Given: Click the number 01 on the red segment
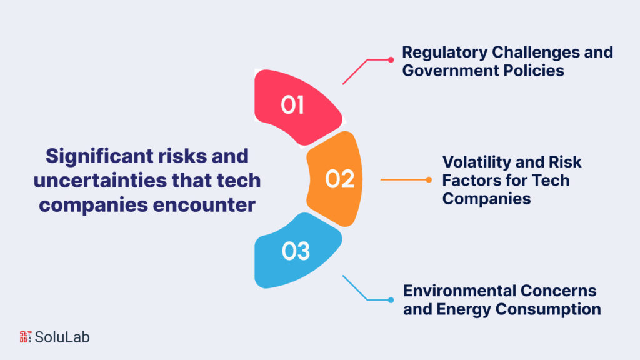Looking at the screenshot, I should [292, 105].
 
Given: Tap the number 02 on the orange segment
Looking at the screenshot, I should [340, 179].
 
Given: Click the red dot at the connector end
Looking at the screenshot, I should [391, 60].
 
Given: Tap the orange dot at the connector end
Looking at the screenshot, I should [429, 180].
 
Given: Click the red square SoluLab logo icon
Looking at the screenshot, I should [26, 336].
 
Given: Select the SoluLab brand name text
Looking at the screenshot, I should [62, 337].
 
